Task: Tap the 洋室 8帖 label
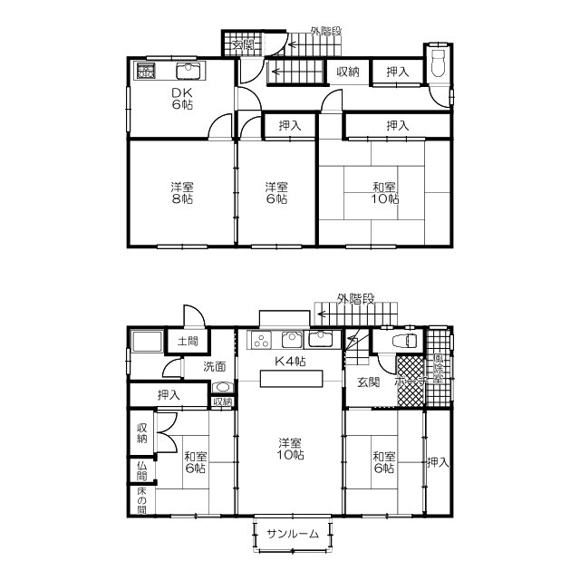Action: tap(181, 193)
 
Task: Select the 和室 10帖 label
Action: tap(384, 193)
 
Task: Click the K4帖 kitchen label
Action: tap(290, 362)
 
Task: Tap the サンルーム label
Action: tap(293, 534)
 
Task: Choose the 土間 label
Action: tap(187, 342)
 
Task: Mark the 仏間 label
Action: tap(141, 469)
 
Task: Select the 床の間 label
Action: tap(141, 499)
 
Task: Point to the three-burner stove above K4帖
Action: tap(262, 341)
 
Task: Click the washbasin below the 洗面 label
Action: tap(222, 387)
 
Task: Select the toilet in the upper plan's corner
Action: tap(440, 64)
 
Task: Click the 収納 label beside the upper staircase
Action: tap(347, 72)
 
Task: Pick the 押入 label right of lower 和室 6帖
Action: tap(438, 462)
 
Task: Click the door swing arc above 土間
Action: tap(192, 314)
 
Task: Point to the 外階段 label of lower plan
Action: tap(354, 298)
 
